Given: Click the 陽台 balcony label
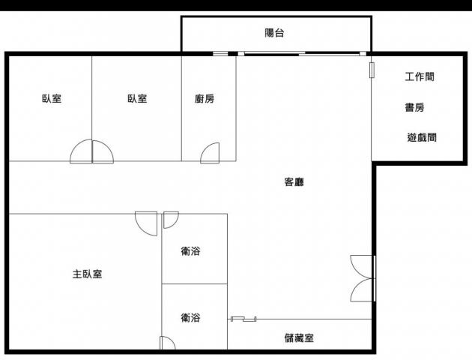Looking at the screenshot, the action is tap(274, 33).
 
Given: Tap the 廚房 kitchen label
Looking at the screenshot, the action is tap(205, 98).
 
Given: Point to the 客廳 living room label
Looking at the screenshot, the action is tap(294, 181).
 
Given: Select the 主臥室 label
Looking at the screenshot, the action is tap(88, 274).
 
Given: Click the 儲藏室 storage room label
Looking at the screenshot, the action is tap(299, 337).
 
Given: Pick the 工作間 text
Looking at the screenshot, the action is tap(420, 76).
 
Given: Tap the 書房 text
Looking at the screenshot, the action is tap(414, 107).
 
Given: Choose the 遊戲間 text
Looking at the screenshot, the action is tap(422, 137).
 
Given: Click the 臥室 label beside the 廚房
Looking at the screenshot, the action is tap(137, 98).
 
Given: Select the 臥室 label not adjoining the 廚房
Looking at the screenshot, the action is tap(52, 98).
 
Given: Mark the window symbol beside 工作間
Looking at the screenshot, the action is tap(372, 70).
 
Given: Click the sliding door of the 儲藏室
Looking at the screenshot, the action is tap(243, 319).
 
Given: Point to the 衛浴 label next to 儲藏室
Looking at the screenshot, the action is tap(190, 317).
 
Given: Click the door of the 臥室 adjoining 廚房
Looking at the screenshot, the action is tap(103, 151).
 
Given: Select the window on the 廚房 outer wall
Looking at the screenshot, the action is tap(221, 54).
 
